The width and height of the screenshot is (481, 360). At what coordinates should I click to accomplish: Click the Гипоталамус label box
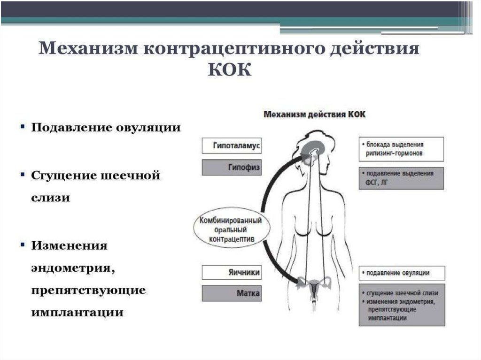coord(231,146)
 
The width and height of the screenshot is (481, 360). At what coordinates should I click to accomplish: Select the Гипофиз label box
coord(231,167)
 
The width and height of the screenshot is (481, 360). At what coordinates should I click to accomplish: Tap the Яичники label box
coord(231,273)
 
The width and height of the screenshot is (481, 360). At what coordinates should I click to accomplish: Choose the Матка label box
coord(231,294)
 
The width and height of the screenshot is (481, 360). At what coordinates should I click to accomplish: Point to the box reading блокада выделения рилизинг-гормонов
coord(401,149)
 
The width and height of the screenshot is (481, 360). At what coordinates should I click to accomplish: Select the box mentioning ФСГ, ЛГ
coord(401,178)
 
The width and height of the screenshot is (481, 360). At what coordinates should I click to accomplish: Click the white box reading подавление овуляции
coord(401,273)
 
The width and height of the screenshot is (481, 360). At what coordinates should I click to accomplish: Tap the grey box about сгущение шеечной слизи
coord(401,305)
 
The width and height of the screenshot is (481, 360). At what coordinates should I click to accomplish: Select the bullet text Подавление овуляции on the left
coord(106,128)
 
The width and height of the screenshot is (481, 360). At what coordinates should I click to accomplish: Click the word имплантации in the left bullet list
coord(78,313)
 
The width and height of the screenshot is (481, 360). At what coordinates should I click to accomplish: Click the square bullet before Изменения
coord(22,245)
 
